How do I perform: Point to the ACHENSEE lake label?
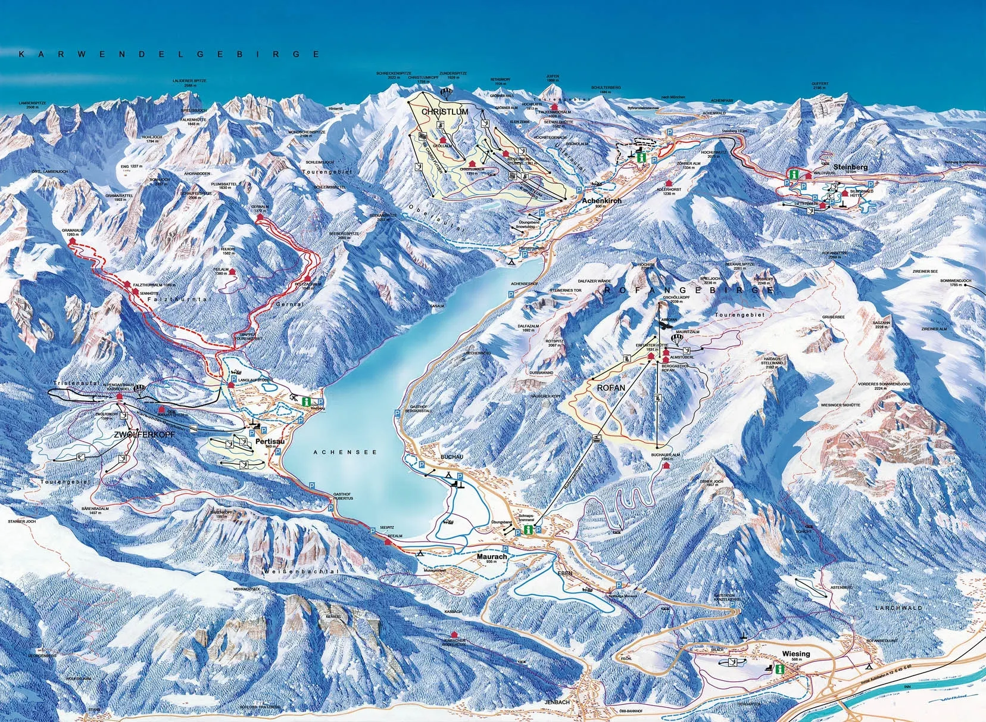tap(345, 453)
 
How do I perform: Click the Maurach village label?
tap(492, 556)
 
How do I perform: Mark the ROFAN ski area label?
tap(609, 388)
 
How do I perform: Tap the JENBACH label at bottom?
tap(557, 702)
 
